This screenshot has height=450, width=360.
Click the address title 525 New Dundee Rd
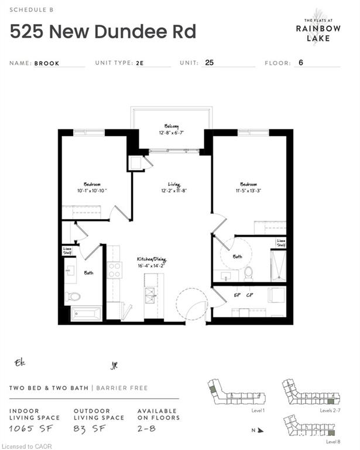tap(104, 31)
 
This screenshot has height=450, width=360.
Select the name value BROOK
tap(47, 62)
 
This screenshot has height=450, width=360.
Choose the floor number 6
tap(300, 62)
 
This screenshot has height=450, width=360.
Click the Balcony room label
tap(171, 126)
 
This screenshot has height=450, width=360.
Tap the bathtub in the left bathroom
tap(85, 314)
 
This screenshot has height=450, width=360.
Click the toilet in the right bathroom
tap(248, 272)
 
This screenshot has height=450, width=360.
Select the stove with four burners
tap(115, 271)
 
